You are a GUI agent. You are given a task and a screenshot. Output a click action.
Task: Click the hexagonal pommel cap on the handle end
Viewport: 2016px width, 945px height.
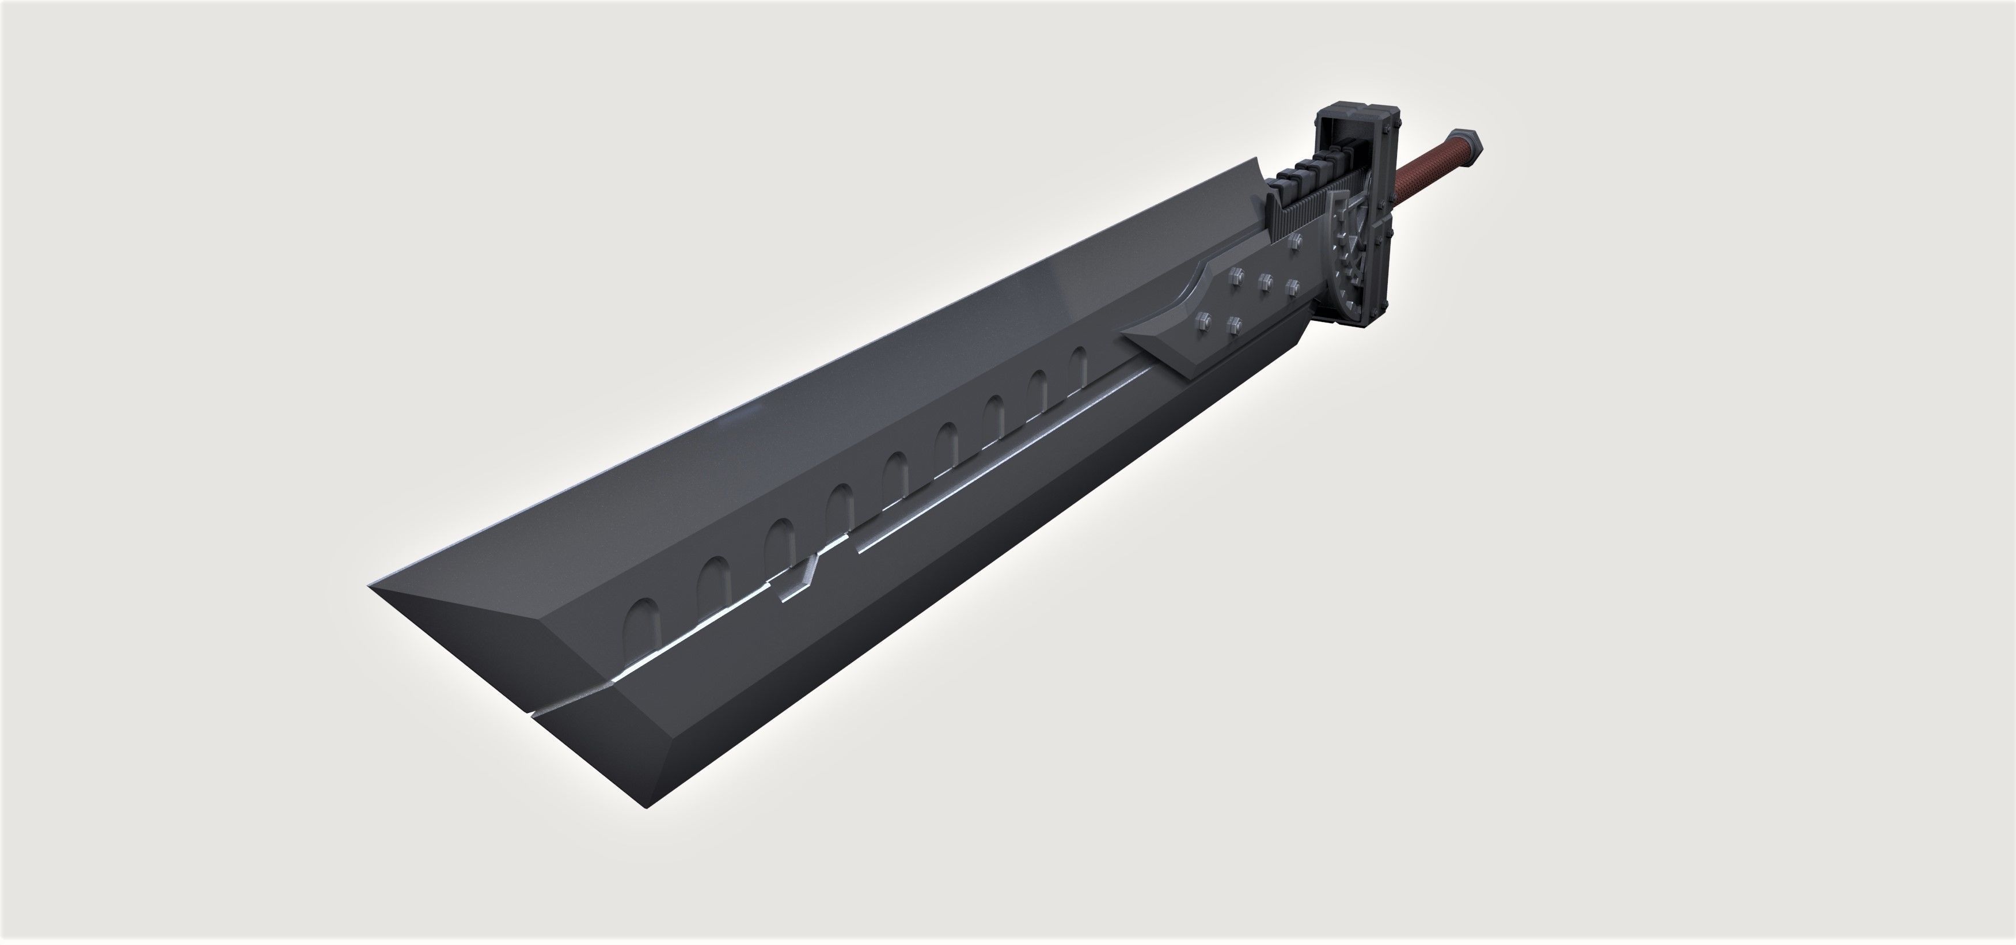point(1468,145)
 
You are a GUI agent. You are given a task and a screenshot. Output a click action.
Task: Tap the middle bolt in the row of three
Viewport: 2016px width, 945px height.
point(1264,279)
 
